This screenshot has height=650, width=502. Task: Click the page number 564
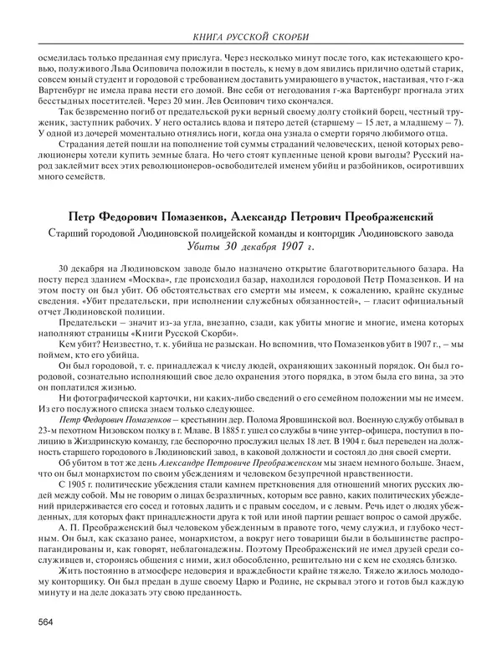pos(47,620)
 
